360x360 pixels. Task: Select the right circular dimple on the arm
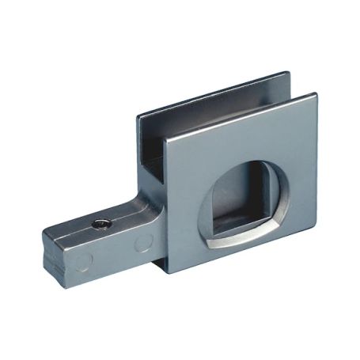(x=143, y=243)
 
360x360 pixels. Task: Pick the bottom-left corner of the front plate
(x=167, y=271)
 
